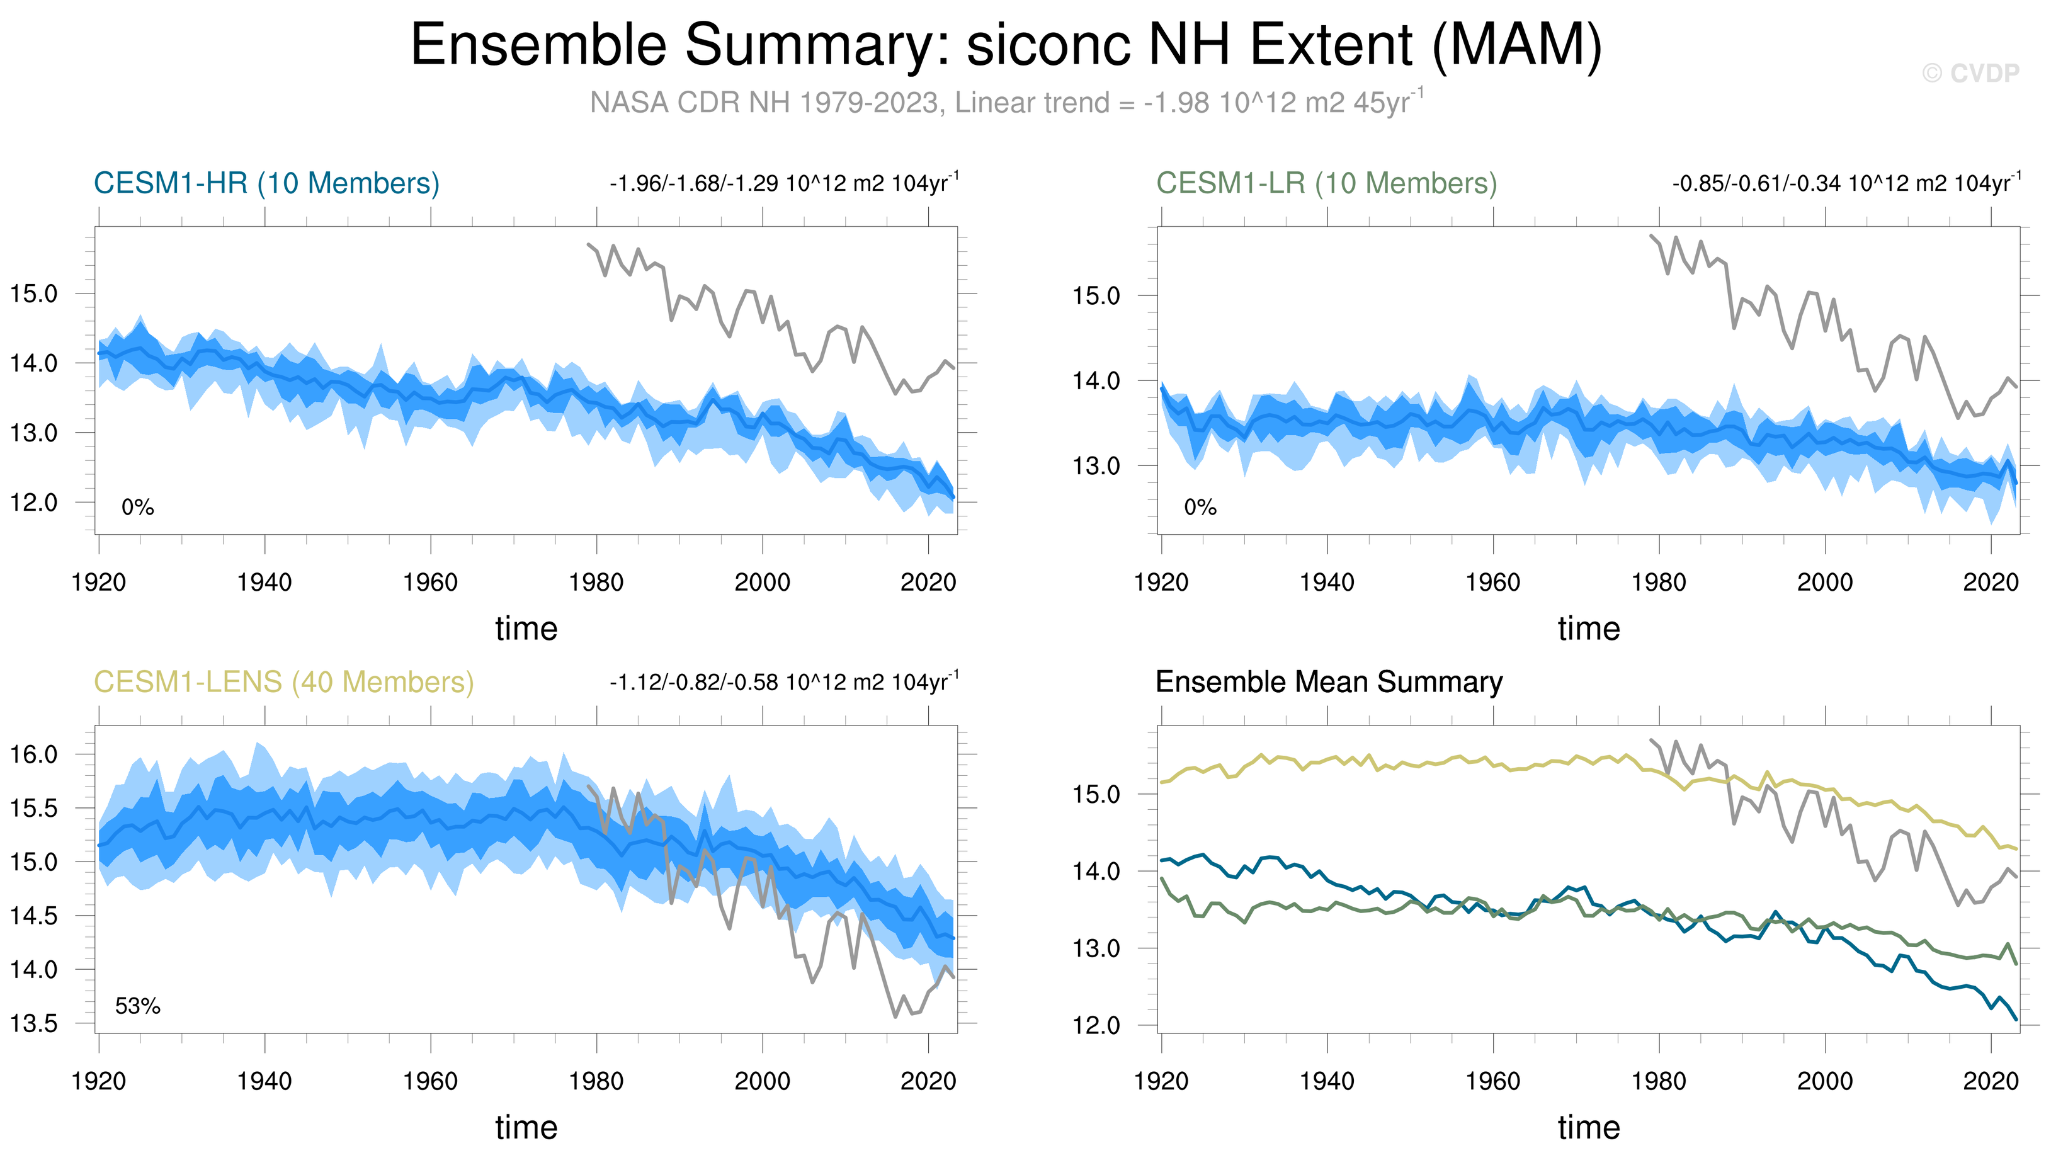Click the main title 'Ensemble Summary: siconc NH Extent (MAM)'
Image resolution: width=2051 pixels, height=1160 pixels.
click(1005, 45)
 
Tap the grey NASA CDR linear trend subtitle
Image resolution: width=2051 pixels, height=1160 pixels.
click(1005, 103)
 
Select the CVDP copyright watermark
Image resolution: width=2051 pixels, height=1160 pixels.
click(1970, 73)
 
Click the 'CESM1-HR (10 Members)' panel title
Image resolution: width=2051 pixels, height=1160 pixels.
click(266, 183)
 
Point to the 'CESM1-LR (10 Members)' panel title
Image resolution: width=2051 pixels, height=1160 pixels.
click(1326, 183)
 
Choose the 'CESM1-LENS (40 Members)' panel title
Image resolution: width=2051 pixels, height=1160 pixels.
click(283, 682)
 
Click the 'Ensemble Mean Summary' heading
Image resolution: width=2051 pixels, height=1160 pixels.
click(1329, 682)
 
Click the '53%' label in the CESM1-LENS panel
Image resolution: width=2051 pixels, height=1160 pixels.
click(137, 1006)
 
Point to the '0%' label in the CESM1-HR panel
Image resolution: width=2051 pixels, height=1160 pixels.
click(137, 508)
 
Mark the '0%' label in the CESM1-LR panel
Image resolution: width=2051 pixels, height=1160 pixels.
click(1200, 508)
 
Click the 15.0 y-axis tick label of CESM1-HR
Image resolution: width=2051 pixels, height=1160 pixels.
click(33, 294)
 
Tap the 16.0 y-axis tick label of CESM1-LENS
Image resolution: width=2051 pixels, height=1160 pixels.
click(33, 754)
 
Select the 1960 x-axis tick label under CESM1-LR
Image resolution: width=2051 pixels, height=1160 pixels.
click(1492, 583)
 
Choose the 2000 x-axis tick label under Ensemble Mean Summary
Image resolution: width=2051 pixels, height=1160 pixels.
click(1825, 1081)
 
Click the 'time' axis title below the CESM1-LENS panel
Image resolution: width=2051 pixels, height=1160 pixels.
click(526, 1127)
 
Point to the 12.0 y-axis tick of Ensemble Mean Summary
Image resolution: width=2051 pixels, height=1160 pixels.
click(1096, 1025)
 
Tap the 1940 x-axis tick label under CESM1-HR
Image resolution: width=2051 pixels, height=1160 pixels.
click(264, 583)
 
